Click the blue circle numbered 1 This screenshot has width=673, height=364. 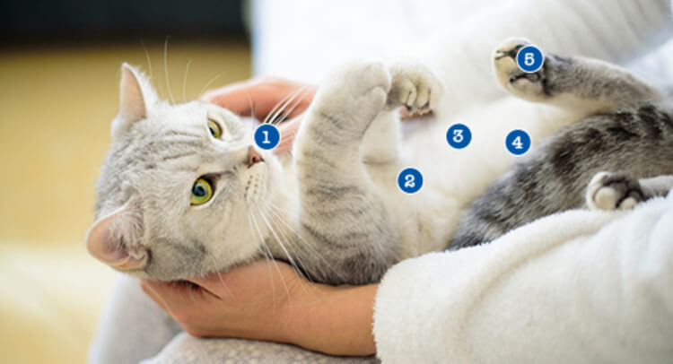267,137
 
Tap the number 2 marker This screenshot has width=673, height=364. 410,180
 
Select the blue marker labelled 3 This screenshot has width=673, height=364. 459,136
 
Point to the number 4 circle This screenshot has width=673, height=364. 518,142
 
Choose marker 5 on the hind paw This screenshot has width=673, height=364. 529,59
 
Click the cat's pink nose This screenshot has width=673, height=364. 254,157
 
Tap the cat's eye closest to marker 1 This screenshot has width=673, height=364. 214,128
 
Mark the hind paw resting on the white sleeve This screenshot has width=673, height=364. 615,192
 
